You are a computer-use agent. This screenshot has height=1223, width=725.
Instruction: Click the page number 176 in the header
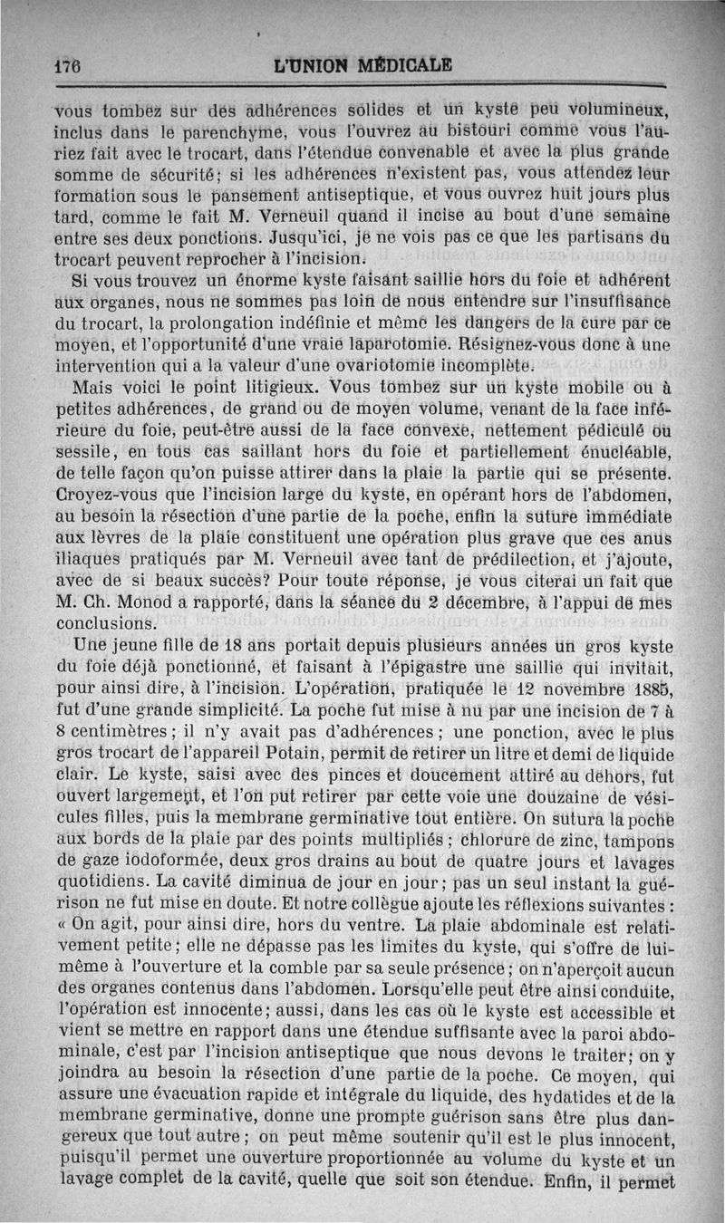click(x=65, y=66)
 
